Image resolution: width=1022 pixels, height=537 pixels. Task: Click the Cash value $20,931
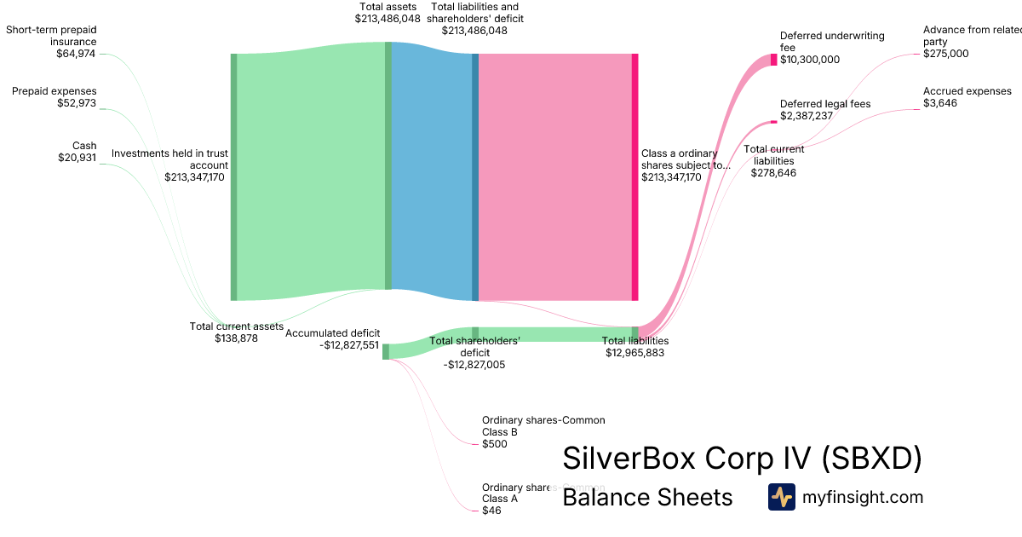(78, 158)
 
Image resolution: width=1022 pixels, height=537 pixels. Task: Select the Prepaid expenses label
(55, 91)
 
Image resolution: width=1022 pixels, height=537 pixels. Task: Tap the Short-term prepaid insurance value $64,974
(76, 54)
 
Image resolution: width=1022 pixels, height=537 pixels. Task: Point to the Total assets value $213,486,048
(388, 18)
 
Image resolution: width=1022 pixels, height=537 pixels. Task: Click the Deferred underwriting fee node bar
(774, 60)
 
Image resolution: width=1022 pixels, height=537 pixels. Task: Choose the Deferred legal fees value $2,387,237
(806, 116)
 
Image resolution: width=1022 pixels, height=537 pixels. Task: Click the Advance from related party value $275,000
(946, 54)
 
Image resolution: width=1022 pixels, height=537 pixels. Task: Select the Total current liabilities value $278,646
(773, 172)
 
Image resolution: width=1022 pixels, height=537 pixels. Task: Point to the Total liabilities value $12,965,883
(634, 352)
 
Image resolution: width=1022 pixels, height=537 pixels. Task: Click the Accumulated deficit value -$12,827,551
(349, 345)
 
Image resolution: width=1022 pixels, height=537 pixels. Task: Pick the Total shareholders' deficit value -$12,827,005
(474, 364)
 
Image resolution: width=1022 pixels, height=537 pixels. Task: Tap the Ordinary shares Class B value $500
(495, 444)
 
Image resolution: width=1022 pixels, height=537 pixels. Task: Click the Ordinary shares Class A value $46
(491, 511)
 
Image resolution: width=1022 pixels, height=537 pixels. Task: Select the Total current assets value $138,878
(236, 338)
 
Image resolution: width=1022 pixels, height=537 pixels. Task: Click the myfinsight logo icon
(781, 497)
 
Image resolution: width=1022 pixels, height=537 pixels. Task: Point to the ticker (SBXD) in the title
(871, 459)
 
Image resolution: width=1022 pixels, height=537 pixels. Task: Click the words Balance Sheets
(647, 497)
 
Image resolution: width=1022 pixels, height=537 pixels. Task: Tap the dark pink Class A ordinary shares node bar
(635, 177)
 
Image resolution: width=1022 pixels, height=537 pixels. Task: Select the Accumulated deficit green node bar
(386, 351)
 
